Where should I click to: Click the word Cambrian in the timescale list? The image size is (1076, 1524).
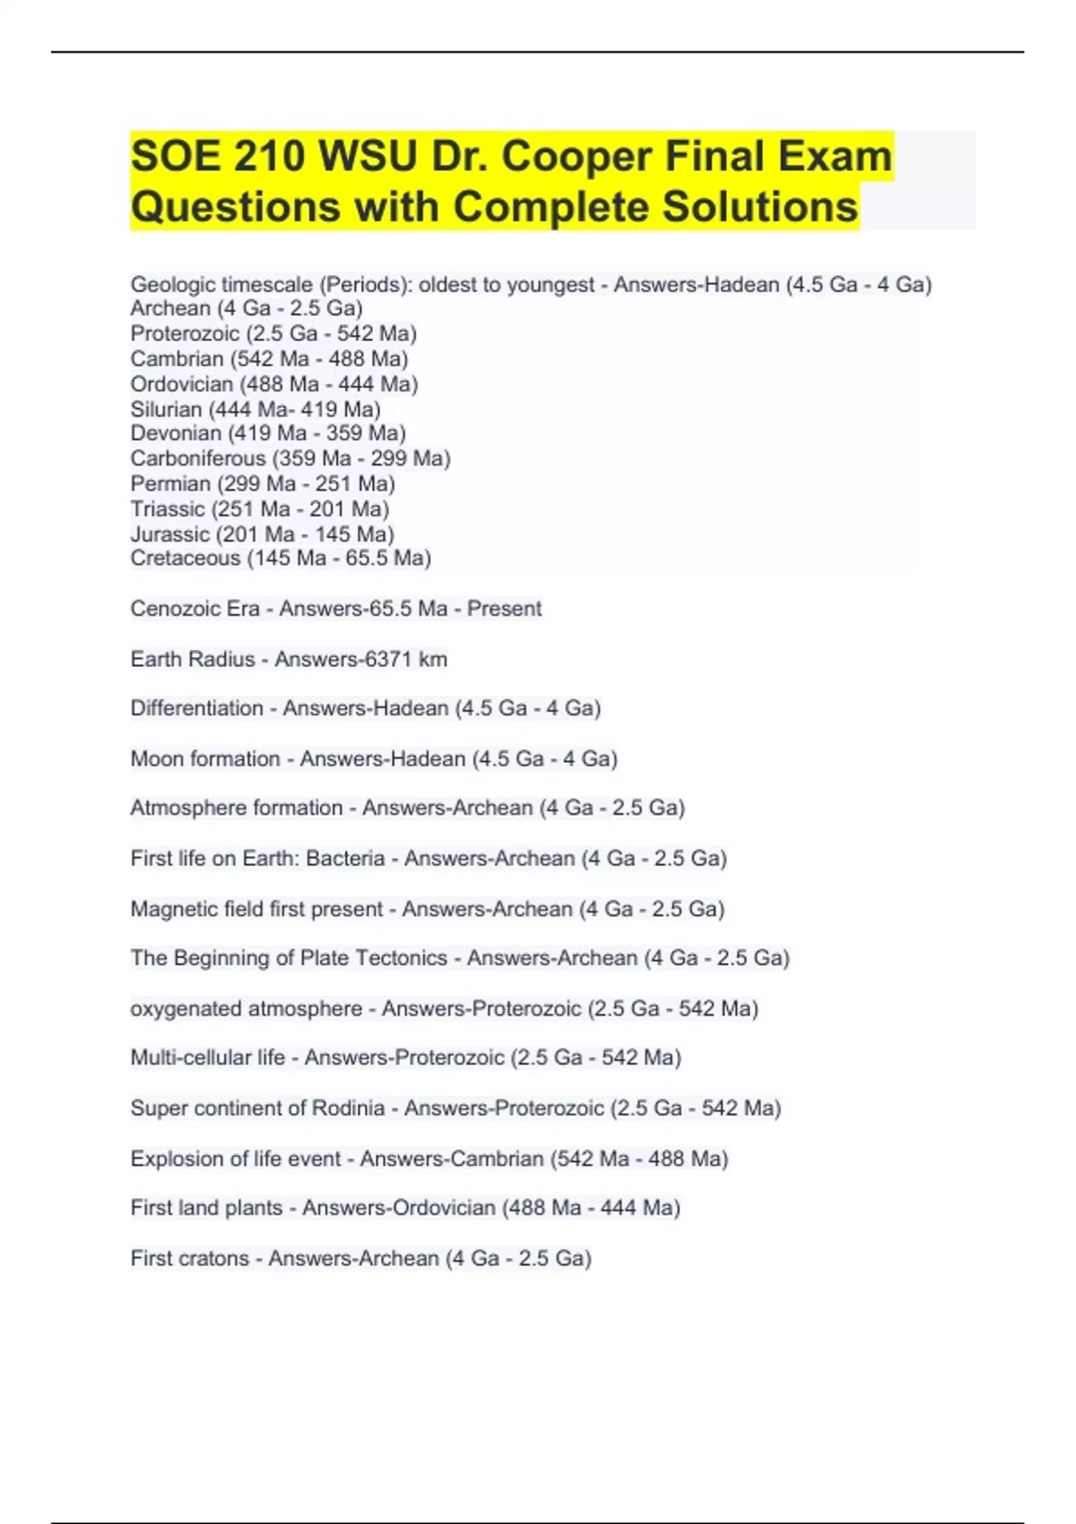tap(177, 359)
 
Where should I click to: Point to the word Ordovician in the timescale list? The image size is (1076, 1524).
tap(181, 384)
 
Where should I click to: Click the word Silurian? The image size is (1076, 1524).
tap(166, 409)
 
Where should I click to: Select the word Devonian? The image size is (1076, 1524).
tap(176, 433)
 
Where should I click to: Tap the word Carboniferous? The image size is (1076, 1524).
tap(197, 458)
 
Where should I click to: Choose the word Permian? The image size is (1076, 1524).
tap(170, 483)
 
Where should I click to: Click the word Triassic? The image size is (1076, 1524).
tap(168, 508)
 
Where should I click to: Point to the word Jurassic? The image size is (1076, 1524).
tap(169, 533)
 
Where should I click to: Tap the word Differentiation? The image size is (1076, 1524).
tap(196, 708)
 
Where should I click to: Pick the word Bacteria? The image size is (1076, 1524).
tap(345, 858)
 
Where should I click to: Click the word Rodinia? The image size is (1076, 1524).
tap(348, 1108)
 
